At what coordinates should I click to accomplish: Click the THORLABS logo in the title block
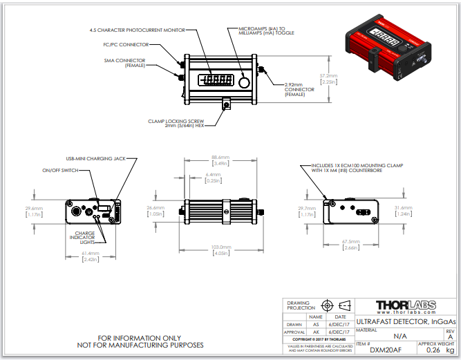pos(406,307)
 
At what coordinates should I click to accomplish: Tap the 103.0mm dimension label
pos(220,247)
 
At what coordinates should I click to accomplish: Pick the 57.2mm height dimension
pos(328,76)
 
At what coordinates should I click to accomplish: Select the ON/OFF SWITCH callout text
pos(61,170)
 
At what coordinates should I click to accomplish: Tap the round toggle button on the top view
pos(243,81)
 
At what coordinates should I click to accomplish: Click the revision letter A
pos(450,337)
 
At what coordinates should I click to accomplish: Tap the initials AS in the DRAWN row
pos(317,323)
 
